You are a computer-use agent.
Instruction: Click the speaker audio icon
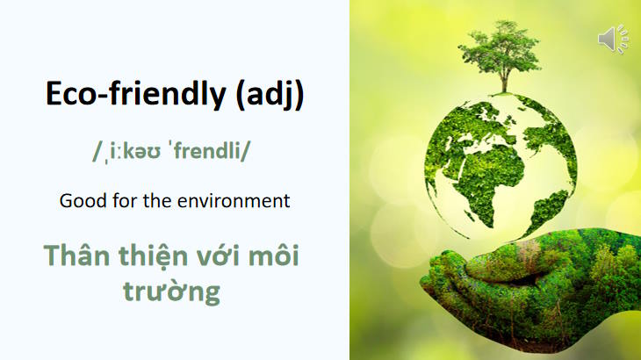tap(613, 40)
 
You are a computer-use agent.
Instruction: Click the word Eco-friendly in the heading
tap(135, 95)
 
